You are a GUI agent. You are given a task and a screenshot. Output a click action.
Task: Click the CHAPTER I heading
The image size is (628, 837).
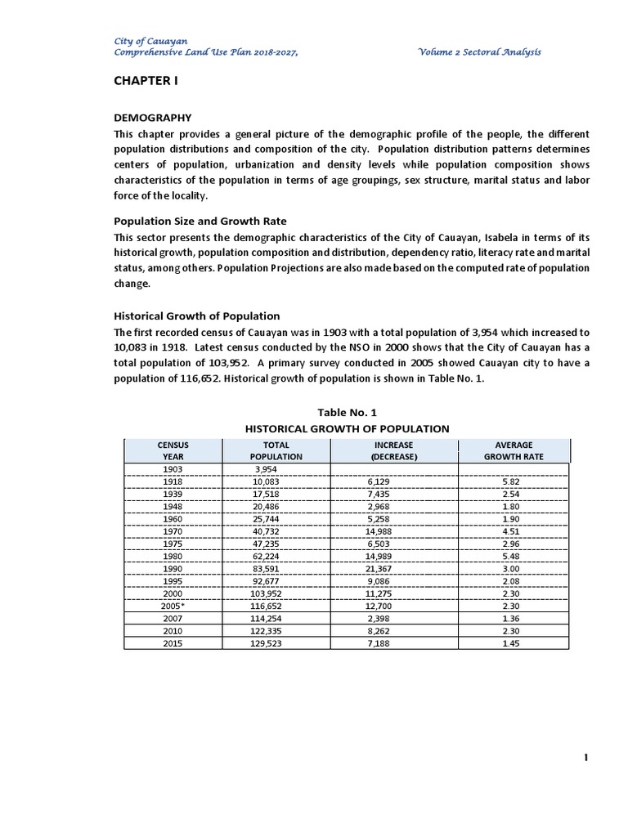pos(146,82)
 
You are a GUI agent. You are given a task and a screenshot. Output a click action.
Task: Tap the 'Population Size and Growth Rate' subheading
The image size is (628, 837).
pos(200,221)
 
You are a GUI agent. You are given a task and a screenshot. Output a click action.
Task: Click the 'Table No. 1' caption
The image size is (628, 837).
pos(348,412)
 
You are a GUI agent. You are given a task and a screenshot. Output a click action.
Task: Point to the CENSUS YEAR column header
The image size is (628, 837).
pos(173,450)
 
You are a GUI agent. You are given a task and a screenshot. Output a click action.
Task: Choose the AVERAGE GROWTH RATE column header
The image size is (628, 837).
pos(513,450)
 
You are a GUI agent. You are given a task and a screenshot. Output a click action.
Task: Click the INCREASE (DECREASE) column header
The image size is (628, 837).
pos(394,450)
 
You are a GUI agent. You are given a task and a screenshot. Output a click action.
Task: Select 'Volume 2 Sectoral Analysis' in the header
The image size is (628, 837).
pos(479,52)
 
